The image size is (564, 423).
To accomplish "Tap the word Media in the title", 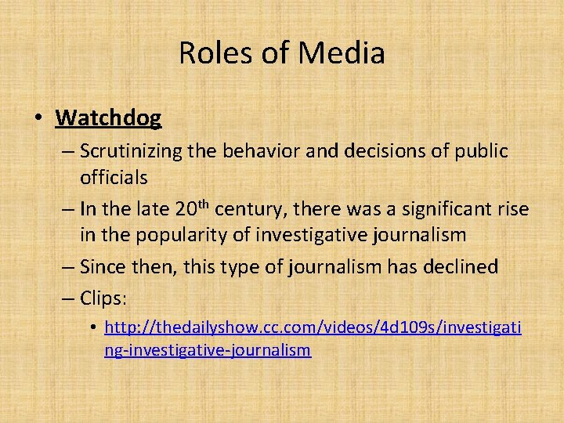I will pyautogui.click(x=342, y=53).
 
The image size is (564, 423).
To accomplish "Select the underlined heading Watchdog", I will pyautogui.click(x=108, y=118).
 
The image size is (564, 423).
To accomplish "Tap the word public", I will pyautogui.click(x=481, y=150).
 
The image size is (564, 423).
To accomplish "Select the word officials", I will pyautogui.click(x=114, y=178).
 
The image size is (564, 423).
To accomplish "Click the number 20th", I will pyautogui.click(x=192, y=209).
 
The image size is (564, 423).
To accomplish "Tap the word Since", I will pyautogui.click(x=101, y=267).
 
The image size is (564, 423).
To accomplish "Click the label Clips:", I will pyautogui.click(x=103, y=298).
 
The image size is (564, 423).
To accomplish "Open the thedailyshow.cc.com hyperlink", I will pyautogui.click(x=313, y=327).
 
